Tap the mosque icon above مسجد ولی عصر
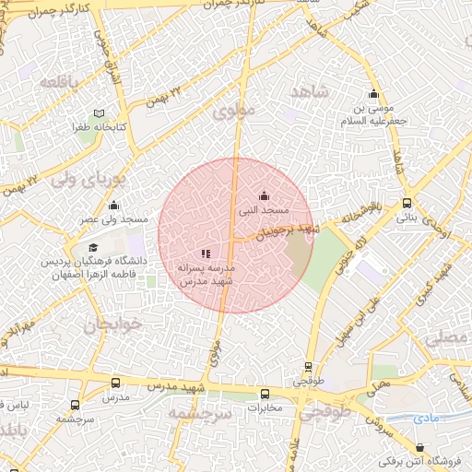coord(124,206)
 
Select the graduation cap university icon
coord(93,248)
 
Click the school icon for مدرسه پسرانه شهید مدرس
coord(206,254)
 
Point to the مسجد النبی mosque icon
coord(265,195)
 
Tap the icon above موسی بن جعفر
coord(373,94)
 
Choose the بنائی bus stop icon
coord(407,204)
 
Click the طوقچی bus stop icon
coord(308,366)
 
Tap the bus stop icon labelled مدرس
coord(115,383)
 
